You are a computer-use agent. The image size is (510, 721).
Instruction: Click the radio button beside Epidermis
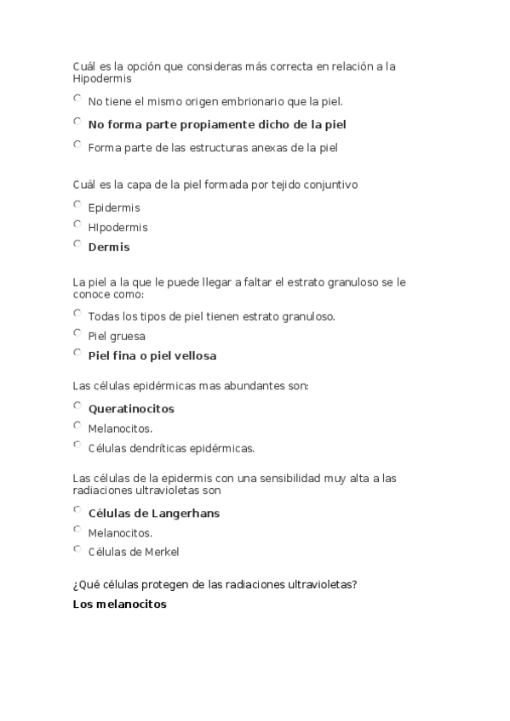coord(77,204)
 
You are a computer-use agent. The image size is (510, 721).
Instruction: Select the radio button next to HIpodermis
coord(77,224)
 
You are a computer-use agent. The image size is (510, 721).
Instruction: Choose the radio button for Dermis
coord(77,244)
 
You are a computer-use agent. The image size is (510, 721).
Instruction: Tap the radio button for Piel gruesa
coord(77,332)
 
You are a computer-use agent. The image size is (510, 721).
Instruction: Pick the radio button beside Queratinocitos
coord(77,406)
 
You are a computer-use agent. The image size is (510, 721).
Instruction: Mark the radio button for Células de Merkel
coord(77,548)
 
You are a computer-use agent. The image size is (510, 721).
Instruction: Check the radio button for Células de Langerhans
coord(77,510)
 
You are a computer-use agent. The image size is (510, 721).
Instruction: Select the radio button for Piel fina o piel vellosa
coord(77,353)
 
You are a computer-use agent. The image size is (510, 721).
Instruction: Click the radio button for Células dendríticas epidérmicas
coord(77,445)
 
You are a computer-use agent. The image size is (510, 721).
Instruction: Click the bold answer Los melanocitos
coord(120,605)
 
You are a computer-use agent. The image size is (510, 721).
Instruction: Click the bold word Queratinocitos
coord(131,409)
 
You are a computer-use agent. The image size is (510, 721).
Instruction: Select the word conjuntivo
coord(328,184)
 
